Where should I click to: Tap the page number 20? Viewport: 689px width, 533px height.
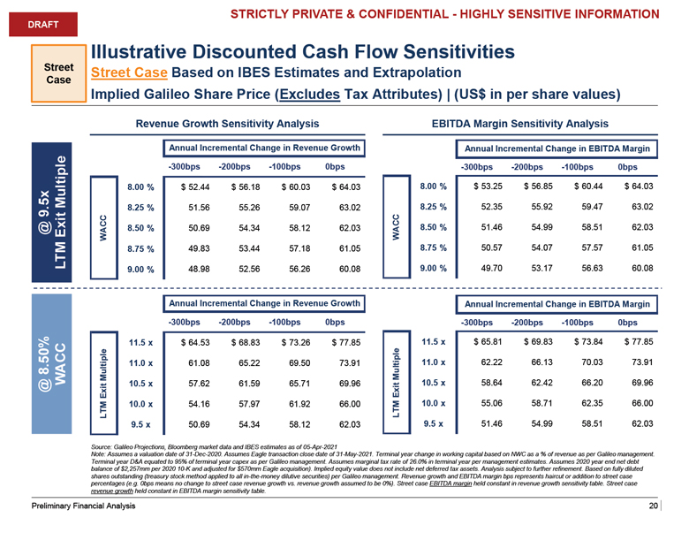pyautogui.click(x=653, y=506)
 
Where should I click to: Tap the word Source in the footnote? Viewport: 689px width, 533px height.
pyautogui.click(x=102, y=450)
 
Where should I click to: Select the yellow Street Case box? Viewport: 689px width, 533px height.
pyautogui.click(x=60, y=71)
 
